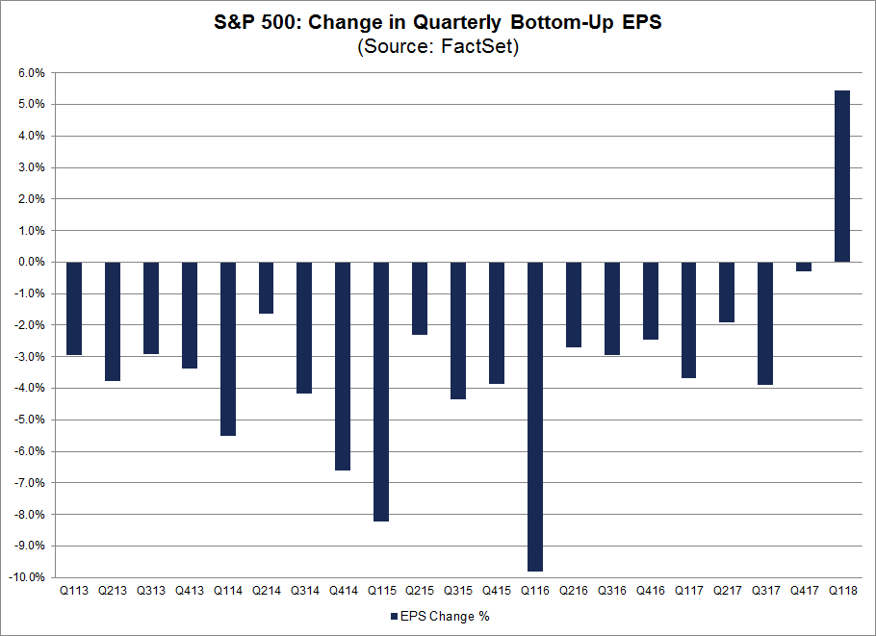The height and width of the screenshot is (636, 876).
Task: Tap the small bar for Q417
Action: coord(803,267)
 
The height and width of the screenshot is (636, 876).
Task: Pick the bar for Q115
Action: coord(381,391)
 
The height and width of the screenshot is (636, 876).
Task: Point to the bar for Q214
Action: coord(266,288)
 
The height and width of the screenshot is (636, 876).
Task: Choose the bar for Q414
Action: coord(343,366)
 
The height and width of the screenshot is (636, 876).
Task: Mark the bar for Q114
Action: coord(227,348)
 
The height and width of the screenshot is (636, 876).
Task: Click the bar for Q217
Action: coord(727,292)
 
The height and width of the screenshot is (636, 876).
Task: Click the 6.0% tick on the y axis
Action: coord(31,73)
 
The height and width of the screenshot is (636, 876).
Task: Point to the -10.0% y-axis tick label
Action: coord(27,577)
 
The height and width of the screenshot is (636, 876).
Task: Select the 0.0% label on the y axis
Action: coord(31,262)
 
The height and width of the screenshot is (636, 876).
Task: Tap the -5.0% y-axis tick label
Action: coord(29,420)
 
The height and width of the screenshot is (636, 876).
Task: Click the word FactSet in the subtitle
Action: coord(477,46)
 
